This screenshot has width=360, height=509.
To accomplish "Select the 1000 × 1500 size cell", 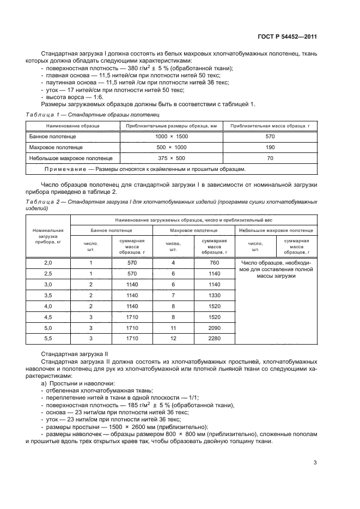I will [x=172, y=136].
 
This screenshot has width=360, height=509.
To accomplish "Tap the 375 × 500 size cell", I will [x=172, y=158].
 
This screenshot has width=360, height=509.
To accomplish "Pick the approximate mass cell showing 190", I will [x=269, y=147].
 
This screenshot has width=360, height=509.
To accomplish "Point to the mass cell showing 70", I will [x=269, y=158].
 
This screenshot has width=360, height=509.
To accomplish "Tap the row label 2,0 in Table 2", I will [x=48, y=262].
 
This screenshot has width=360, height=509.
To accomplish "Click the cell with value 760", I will [x=213, y=262].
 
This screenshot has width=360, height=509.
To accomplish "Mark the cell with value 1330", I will [x=213, y=296].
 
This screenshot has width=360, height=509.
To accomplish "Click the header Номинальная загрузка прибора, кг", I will [x=48, y=235].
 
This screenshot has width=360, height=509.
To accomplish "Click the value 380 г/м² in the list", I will [x=117, y=68].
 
